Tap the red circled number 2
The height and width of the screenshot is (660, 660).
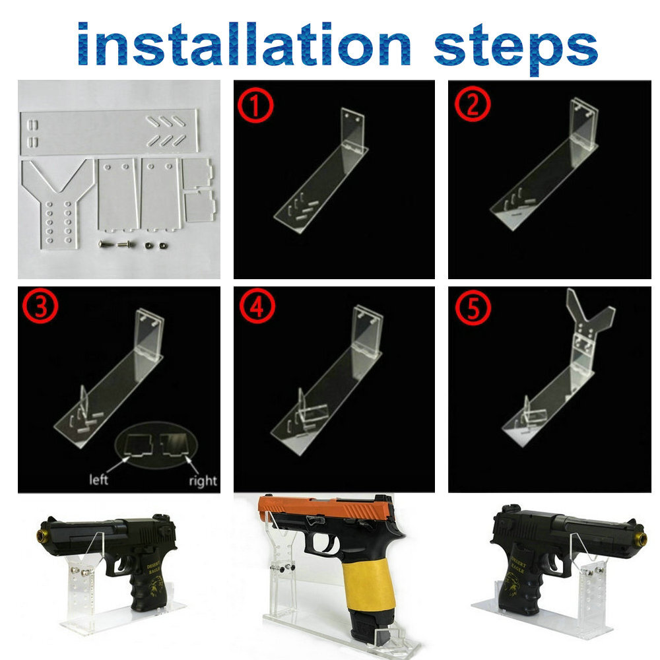[471, 105]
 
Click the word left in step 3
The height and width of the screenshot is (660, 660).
[99, 480]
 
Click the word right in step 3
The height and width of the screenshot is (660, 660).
[202, 480]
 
